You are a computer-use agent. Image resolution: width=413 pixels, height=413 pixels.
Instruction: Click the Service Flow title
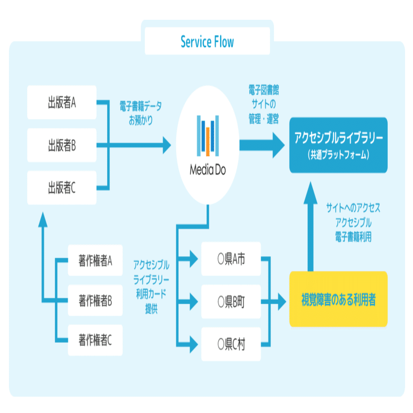coord(207,42)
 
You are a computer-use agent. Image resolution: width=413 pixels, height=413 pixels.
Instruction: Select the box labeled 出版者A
coord(62,103)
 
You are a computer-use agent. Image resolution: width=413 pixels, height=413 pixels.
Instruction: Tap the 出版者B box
coord(62,145)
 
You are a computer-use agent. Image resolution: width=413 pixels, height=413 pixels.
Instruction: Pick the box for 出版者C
coord(62,187)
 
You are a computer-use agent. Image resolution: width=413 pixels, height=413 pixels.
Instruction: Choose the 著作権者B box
coord(95,300)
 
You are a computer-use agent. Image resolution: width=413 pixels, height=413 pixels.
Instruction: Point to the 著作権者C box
coord(95,340)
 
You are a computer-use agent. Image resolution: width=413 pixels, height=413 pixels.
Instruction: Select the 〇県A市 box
coord(231,260)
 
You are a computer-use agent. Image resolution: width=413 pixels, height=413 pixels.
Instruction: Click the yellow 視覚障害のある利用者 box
coord(338,299)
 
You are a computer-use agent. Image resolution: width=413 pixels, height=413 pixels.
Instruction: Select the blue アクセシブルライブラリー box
coord(338,145)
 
